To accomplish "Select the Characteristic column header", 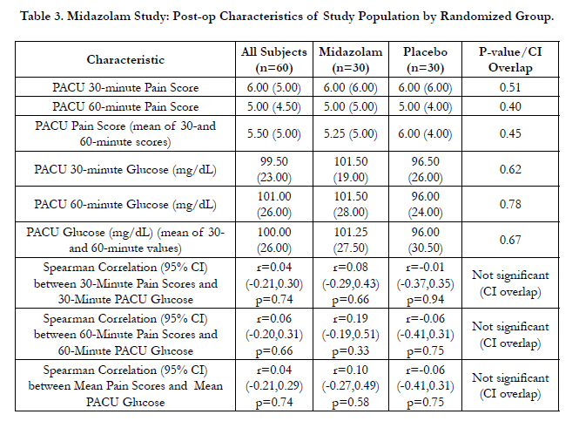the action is point(125,59).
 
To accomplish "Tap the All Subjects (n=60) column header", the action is point(274,59).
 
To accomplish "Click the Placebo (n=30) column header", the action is point(425,59).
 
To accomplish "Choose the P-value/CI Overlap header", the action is point(510,59).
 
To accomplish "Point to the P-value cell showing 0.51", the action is point(510,87).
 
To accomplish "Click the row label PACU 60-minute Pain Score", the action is point(125,106).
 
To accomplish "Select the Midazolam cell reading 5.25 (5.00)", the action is point(350,133).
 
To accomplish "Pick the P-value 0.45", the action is point(510,133).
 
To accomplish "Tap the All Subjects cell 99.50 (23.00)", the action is point(274,169).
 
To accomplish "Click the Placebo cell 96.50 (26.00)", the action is point(425,169).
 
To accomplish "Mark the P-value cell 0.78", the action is point(510,204).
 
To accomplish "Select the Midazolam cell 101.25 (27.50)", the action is point(350,240).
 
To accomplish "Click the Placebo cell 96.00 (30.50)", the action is point(425,240).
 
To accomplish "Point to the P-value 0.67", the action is point(510,240).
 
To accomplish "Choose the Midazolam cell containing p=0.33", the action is point(350,334).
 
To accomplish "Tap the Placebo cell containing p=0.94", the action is point(425,283).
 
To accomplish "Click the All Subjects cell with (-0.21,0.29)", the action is point(274,385).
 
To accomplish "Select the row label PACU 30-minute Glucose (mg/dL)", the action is point(125,169).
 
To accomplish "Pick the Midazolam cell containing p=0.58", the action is point(350,385).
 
